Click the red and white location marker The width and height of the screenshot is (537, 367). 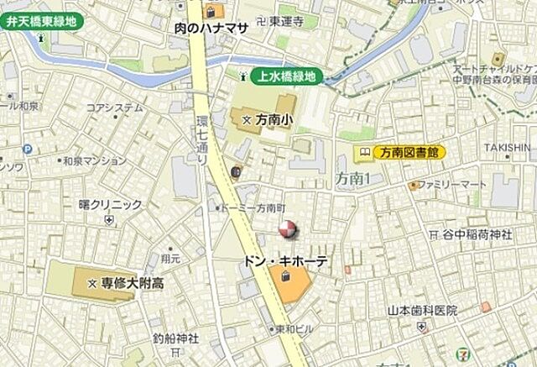(287, 228)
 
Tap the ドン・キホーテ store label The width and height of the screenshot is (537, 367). (285, 262)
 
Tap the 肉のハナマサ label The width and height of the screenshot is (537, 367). (211, 28)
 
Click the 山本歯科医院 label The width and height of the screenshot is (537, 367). (422, 310)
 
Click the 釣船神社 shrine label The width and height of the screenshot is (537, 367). (175, 338)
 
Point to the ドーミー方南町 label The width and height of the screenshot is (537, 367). (255, 207)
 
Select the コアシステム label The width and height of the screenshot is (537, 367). (114, 107)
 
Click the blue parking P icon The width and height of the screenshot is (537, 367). (28, 149)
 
